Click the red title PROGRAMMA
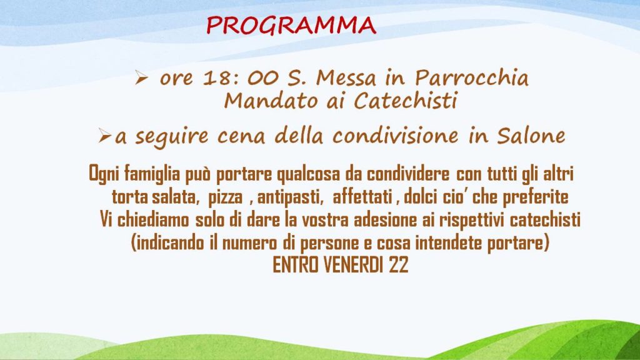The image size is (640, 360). (x=291, y=25)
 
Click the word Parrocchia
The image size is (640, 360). (x=472, y=77)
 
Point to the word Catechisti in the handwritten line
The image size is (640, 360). (x=405, y=101)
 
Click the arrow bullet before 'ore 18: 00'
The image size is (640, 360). (x=141, y=77)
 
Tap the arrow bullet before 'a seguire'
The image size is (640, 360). (x=104, y=136)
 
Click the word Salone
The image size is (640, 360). (x=531, y=136)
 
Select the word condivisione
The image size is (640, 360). (x=396, y=136)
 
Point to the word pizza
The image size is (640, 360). (x=225, y=197)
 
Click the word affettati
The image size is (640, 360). (x=362, y=197)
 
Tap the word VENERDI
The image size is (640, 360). (x=353, y=265)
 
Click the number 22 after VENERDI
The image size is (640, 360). (x=398, y=265)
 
